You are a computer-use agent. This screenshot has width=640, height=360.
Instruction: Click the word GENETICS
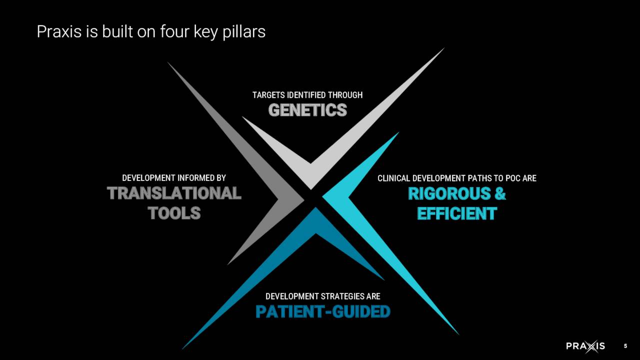tap(307, 110)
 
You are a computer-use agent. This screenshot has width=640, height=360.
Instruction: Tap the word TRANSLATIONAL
tap(174, 193)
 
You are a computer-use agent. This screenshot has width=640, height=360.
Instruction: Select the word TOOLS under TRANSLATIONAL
tap(174, 213)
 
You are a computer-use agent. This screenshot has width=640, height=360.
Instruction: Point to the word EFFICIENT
tap(456, 213)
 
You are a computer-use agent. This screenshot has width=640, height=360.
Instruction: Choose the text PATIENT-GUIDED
tap(322, 311)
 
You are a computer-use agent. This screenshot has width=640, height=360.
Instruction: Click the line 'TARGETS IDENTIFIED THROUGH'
tap(307, 95)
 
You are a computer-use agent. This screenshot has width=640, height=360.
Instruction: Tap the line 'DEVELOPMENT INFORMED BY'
tap(174, 178)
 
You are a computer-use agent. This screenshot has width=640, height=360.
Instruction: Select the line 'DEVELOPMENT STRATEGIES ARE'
tap(322, 296)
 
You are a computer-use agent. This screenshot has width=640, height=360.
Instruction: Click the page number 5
tap(625, 346)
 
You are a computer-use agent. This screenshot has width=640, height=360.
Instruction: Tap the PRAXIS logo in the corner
tap(585, 346)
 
